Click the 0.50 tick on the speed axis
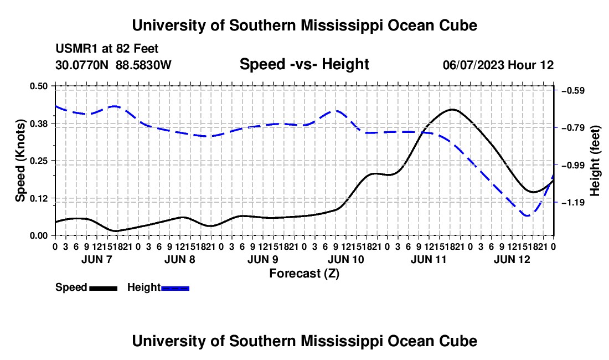[x=38, y=86]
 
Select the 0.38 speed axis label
[x=38, y=124]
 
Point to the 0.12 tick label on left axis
[x=38, y=198]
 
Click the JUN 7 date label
[x=97, y=259]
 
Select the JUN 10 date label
[x=346, y=259]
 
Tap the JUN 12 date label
[x=512, y=259]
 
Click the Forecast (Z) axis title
[x=304, y=274]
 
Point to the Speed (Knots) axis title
[x=20, y=161]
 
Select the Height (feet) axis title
[x=595, y=161]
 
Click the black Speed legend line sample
[x=104, y=289]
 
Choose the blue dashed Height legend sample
[x=175, y=289]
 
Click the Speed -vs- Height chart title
[x=304, y=64]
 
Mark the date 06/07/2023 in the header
[x=473, y=65]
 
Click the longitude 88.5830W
[x=143, y=65]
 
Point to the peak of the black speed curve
[x=452, y=110]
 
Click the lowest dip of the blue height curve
[x=528, y=215]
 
